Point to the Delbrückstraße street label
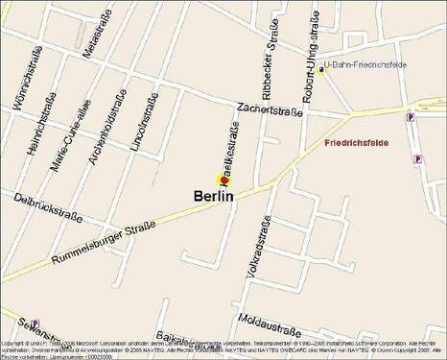pyautogui.click(x=48, y=205)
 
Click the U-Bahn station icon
pyautogui.click(x=321, y=69)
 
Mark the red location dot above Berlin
pyautogui.click(x=221, y=180)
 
